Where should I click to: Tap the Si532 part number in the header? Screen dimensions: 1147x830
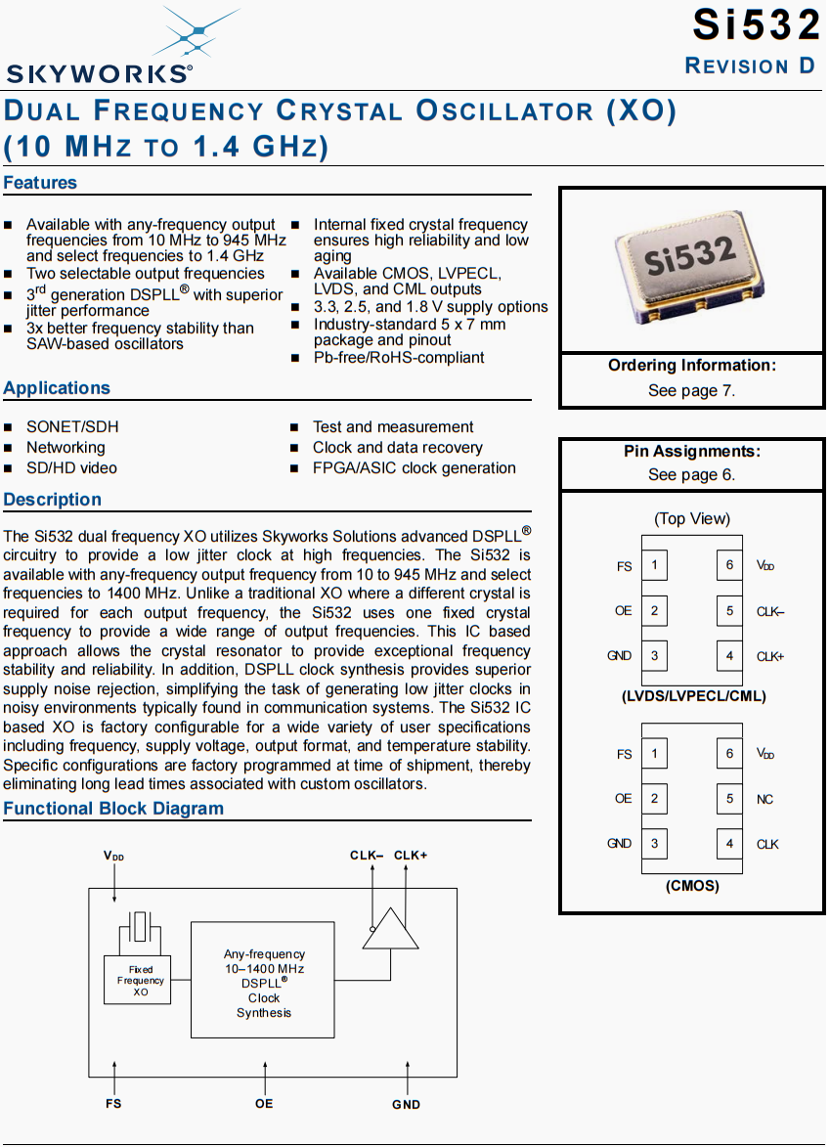[x=756, y=24]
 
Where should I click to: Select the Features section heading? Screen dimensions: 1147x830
[x=40, y=183]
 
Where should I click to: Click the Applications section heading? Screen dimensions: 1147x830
[x=57, y=388]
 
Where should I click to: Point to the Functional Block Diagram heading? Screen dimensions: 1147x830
[x=113, y=809]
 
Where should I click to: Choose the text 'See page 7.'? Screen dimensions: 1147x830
[x=691, y=390]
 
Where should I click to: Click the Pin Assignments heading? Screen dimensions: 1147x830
[x=691, y=451]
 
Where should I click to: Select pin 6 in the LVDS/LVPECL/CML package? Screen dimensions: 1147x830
[x=729, y=565]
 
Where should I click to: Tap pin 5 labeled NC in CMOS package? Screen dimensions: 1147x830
[x=729, y=799]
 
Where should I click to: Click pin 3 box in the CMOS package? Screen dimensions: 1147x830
[x=654, y=844]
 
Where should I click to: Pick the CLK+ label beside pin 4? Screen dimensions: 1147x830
[x=770, y=656]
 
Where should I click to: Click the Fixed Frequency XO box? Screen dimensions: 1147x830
[x=138, y=980]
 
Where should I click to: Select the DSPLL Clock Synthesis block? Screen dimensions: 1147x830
[x=264, y=980]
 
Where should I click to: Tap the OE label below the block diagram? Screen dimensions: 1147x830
[x=264, y=1104]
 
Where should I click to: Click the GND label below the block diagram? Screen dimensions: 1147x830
[x=407, y=1105]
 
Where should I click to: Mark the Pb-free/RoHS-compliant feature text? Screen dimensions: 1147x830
[x=399, y=358]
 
